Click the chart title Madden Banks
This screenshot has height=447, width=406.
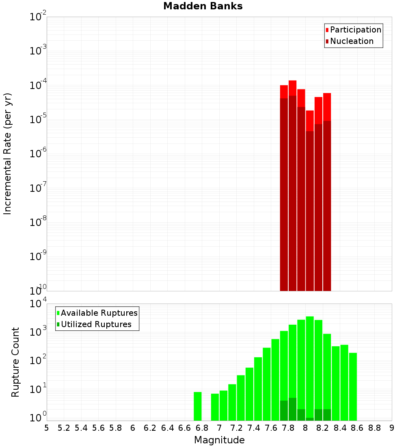tap(203, 6)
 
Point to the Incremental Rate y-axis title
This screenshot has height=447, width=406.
tap(8, 154)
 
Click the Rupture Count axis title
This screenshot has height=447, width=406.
tap(15, 362)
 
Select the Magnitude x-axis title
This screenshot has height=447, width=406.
tap(219, 440)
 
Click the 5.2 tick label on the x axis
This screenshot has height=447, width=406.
tap(64, 428)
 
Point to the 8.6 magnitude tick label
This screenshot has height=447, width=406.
tap(357, 428)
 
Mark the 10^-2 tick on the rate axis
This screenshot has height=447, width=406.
tap(38, 17)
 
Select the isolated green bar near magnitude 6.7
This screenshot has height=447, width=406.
tap(198, 406)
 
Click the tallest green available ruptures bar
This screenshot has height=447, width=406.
tap(310, 366)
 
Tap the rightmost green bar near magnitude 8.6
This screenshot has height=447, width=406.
tap(353, 386)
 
